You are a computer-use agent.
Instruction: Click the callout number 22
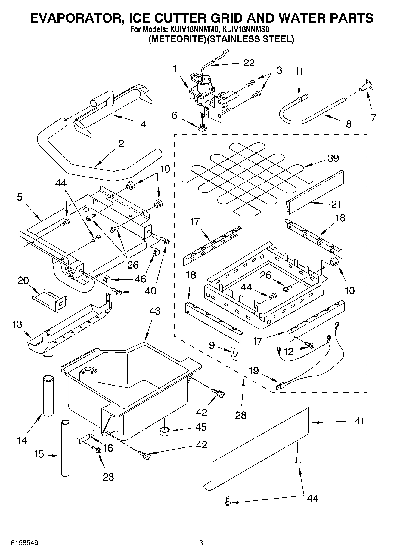(x=249, y=63)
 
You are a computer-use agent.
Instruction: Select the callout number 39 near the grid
(x=333, y=158)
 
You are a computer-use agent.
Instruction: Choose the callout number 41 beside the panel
(x=359, y=421)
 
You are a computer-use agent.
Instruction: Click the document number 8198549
(x=25, y=543)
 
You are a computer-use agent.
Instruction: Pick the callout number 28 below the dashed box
(x=241, y=415)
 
